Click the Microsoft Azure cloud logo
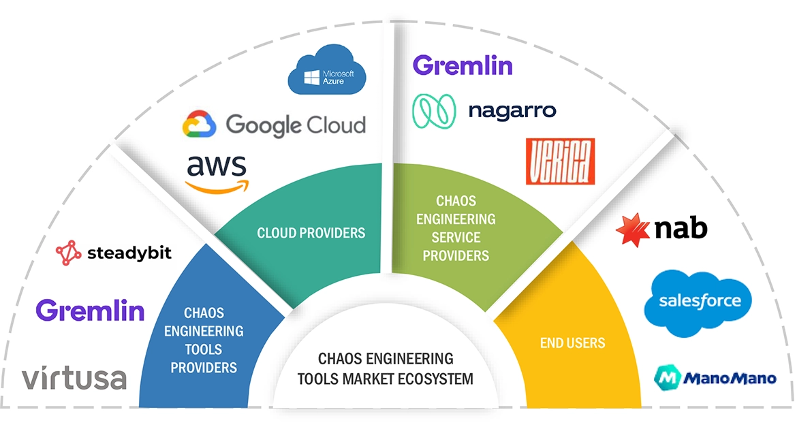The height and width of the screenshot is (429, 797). coord(327,72)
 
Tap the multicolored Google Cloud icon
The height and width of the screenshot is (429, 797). coord(199,125)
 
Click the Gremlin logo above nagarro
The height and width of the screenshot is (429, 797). coord(463,66)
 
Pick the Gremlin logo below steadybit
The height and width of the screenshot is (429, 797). coord(90,311)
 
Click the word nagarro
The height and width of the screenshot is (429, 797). coord(512,110)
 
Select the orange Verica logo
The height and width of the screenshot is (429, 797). coord(560,161)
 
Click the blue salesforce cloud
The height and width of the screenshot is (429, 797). coord(697,302)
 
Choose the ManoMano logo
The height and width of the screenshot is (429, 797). coord(715,377)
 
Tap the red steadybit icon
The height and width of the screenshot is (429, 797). coord(68,253)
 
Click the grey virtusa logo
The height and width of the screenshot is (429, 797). coord(74,378)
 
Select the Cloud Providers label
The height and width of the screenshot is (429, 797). coord(311,233)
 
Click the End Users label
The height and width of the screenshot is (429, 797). coord(572,343)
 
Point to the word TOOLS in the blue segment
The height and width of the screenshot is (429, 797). coord(203,349)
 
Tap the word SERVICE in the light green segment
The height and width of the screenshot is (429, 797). coord(456,237)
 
